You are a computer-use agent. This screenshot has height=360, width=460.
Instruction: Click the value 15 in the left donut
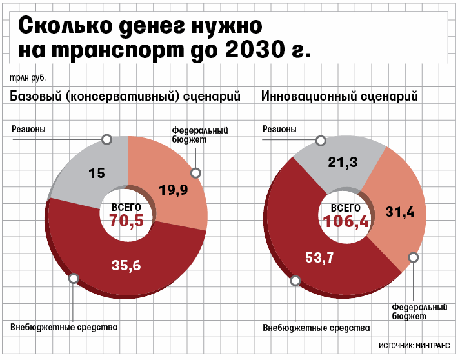pyautogui.click(x=97, y=173)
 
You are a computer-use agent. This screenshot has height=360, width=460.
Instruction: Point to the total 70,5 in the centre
pyautogui.click(x=126, y=221)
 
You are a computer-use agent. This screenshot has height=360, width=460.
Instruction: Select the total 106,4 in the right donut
pyautogui.click(x=345, y=221)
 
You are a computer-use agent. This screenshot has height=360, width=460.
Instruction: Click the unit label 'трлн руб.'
pyautogui.click(x=28, y=78)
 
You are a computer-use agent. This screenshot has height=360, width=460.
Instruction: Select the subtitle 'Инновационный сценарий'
pyautogui.click(x=339, y=97)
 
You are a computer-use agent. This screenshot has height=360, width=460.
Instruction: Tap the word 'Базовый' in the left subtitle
pyautogui.click(x=34, y=97)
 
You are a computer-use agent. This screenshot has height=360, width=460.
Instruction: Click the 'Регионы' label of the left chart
pyautogui.click(x=28, y=129)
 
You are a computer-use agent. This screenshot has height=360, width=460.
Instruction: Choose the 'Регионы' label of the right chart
pyautogui.click(x=279, y=129)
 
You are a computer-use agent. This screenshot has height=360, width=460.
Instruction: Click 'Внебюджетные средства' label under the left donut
pyautogui.click(x=64, y=327)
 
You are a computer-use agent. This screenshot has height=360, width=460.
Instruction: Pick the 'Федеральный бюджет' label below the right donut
pyautogui.click(x=420, y=312)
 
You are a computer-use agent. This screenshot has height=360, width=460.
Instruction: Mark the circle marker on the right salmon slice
pyautogui.click(x=414, y=257)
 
